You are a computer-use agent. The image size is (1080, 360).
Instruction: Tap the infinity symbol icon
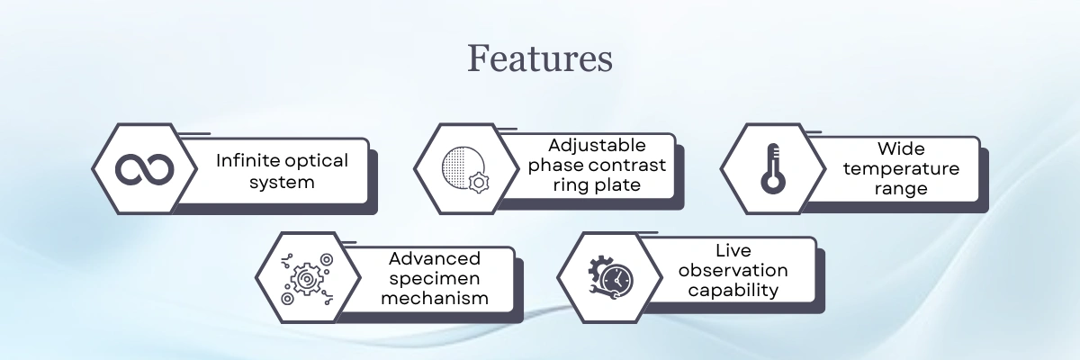tap(144, 169)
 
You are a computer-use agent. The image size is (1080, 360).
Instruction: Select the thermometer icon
tap(771, 169)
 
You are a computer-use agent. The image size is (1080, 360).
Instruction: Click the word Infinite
tap(247, 160)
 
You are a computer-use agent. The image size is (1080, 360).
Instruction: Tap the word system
tap(283, 182)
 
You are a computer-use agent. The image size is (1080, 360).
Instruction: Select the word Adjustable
tap(598, 146)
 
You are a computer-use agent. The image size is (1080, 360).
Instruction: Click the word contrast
tap(629, 166)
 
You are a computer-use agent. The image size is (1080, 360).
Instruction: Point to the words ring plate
tap(598, 186)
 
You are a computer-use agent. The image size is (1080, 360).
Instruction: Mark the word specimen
tap(435, 278)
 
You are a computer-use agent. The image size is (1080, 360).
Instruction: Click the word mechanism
tap(435, 298)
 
